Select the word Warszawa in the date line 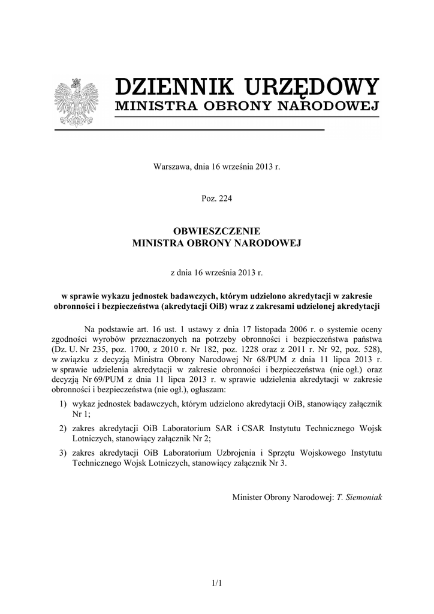(x=173, y=165)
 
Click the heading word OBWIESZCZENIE (x=217, y=231)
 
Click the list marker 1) (x=63, y=404)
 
